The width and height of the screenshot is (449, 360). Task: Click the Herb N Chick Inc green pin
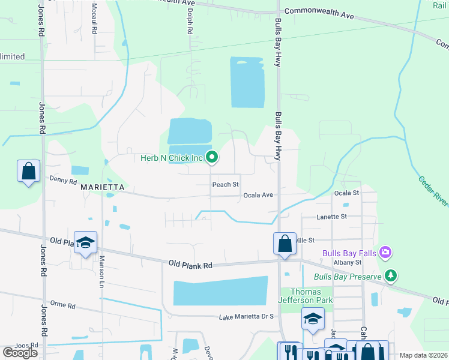[212, 158]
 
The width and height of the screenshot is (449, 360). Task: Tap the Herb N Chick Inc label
[172, 158]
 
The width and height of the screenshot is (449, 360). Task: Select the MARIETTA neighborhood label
[102, 187]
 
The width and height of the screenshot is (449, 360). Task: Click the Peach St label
[226, 184]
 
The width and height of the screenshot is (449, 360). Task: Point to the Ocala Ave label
[258, 195]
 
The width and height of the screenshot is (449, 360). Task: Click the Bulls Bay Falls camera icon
[386, 253]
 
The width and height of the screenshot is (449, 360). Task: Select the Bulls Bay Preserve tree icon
[391, 276]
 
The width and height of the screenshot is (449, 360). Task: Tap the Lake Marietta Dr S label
[246, 317]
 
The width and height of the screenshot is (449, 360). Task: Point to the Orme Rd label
[62, 305]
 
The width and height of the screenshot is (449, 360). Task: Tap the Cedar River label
[433, 191]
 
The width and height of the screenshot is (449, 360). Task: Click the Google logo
[20, 352]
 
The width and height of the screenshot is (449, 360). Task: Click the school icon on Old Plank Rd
[85, 242]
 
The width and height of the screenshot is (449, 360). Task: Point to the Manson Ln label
[102, 270]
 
